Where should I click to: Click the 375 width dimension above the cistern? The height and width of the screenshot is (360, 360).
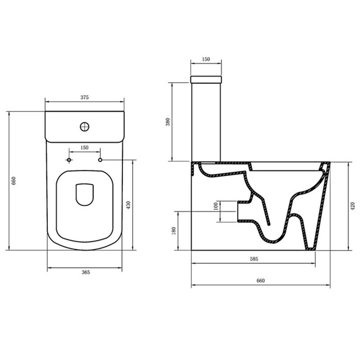coord(85,97)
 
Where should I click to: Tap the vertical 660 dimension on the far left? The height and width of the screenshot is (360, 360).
coord(14,181)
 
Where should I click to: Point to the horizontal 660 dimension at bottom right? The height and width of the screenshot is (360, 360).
coord(260,280)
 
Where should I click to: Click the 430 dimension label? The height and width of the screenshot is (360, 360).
coord(129,205)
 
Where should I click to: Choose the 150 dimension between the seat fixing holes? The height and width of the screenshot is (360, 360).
coord(85,148)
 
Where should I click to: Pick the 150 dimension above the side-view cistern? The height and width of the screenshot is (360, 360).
coord(206,60)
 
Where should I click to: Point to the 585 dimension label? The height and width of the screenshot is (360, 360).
coord(254,259)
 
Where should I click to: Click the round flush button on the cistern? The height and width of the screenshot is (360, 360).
coord(84,125)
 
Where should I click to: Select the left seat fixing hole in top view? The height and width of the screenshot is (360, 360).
coord(69,160)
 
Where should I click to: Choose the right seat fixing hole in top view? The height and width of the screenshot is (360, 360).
coord(100,160)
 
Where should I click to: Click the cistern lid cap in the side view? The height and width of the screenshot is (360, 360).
coord(206,80)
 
